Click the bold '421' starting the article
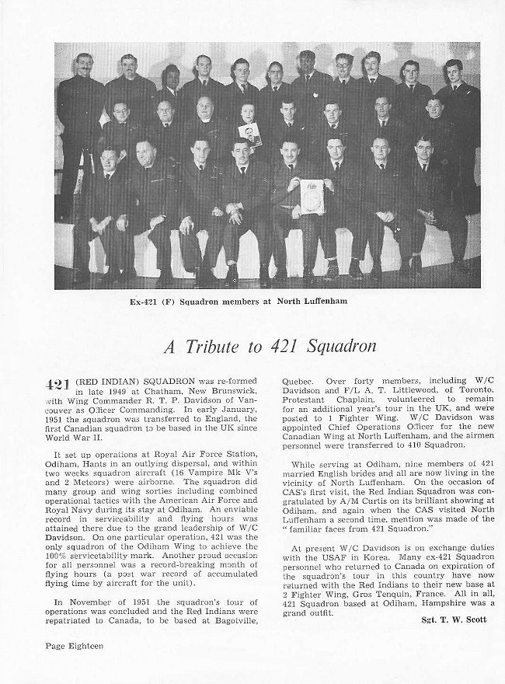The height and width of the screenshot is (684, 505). point(57,384)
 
